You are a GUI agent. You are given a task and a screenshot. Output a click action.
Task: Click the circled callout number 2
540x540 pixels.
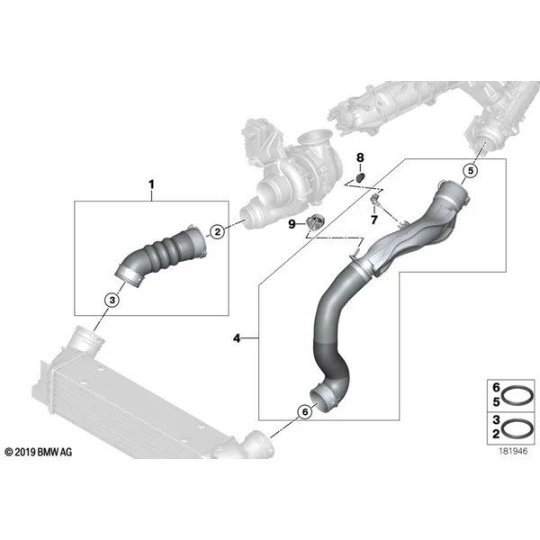coord(217,231)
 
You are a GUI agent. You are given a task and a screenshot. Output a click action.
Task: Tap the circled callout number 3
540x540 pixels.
coord(112,300)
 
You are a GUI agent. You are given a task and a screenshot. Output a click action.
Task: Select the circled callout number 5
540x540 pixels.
coord(471,170)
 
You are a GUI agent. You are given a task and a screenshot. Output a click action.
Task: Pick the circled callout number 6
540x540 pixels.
coord(305,411)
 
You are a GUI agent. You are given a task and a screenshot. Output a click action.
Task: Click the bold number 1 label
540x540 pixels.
coord(151,184)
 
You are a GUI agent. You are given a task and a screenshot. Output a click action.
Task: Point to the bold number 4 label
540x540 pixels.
coord(237,338)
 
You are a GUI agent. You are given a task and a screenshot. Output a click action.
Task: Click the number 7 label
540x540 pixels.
coord(374,220)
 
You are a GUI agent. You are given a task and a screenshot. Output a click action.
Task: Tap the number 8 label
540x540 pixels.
coord(360,157)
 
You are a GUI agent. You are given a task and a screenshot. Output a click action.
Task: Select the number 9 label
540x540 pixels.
coord(292,224)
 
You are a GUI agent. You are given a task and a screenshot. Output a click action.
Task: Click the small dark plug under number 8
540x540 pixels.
coord(359,177)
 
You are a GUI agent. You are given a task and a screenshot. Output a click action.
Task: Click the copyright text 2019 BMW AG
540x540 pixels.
coord(39,452)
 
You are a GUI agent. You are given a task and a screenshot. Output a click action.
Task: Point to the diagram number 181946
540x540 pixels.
coord(513,451)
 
